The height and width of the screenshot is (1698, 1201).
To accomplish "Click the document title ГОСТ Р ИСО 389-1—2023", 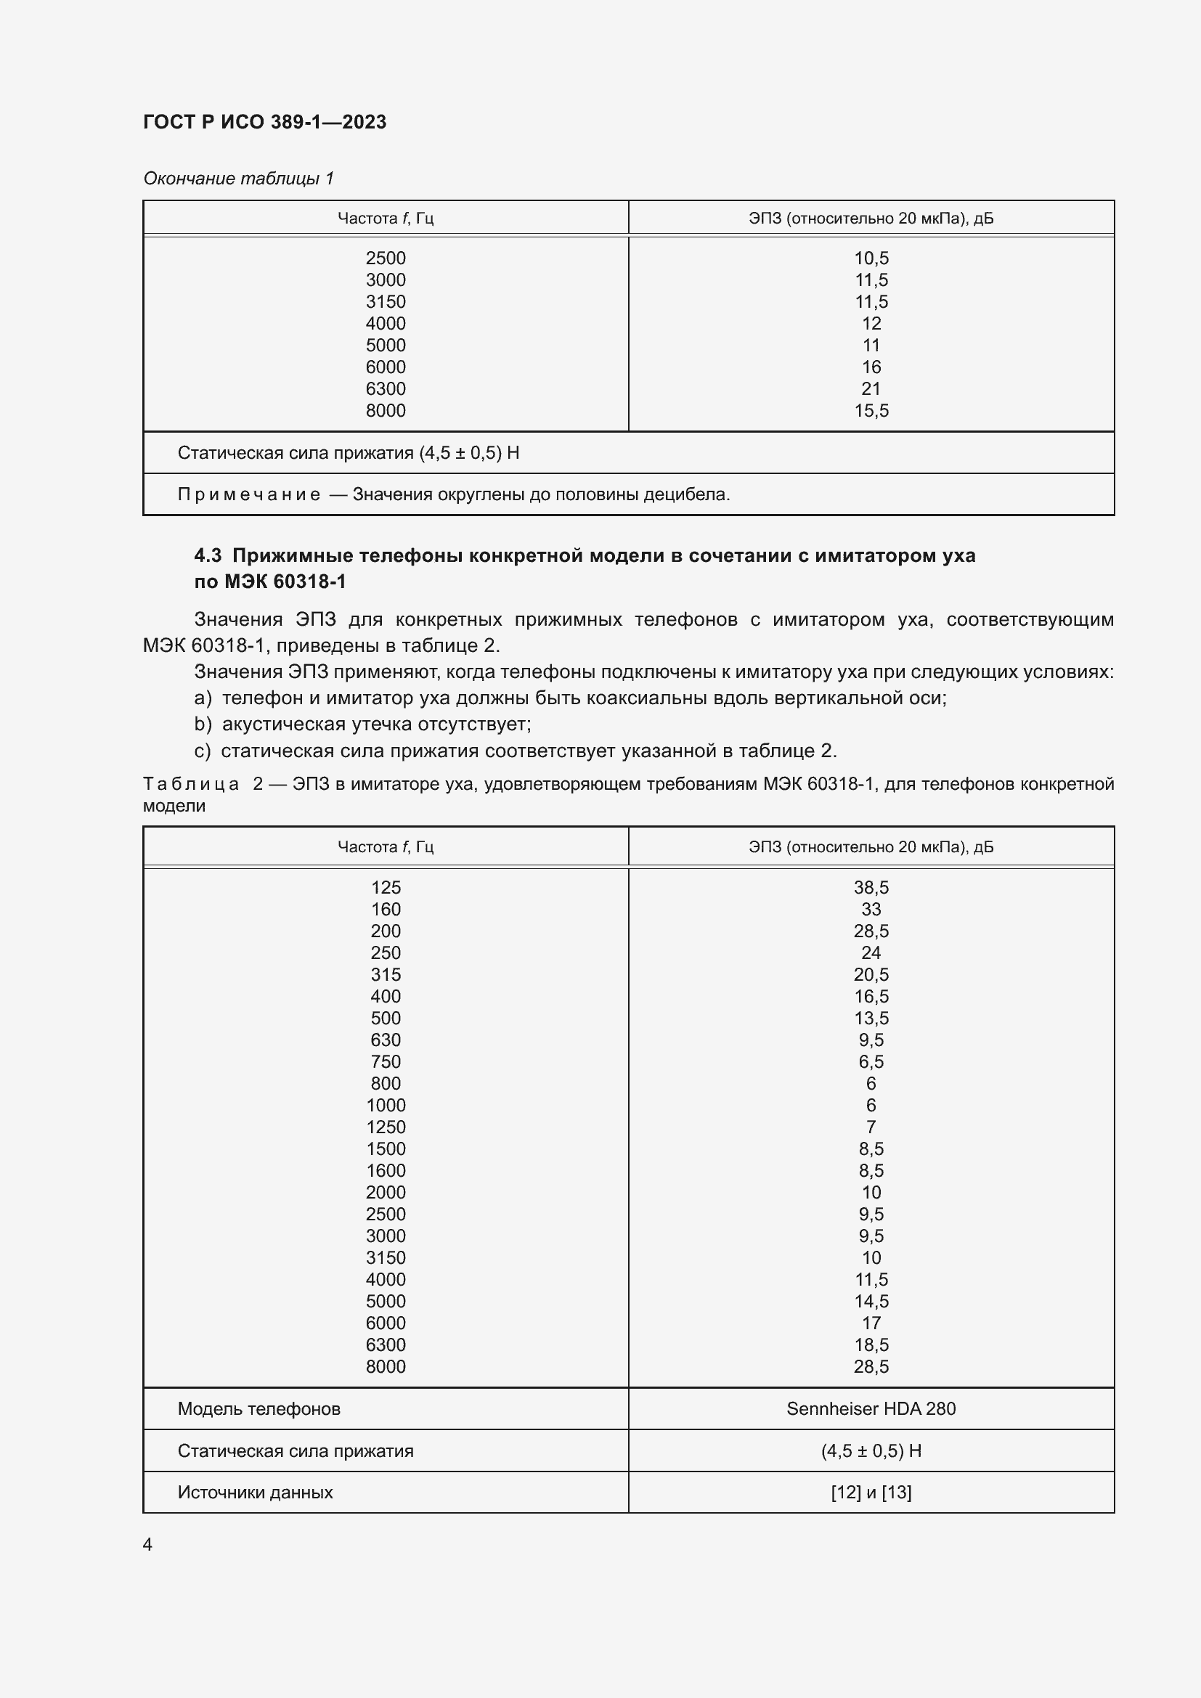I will pyautogui.click(x=264, y=122).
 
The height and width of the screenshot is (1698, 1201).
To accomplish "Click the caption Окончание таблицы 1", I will pyautogui.click(x=238, y=179).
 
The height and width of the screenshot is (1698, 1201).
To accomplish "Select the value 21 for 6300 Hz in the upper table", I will pyautogui.click(x=871, y=389).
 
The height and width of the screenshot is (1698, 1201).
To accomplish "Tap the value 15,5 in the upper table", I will pyautogui.click(x=871, y=410).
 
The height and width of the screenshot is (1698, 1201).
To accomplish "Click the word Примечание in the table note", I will pyautogui.click(x=248, y=494).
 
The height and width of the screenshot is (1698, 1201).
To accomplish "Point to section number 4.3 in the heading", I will pyautogui.click(x=208, y=555).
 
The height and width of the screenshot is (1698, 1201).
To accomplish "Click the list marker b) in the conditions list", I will pyautogui.click(x=203, y=723).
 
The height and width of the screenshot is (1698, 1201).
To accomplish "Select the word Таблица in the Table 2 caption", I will pyautogui.click(x=191, y=784).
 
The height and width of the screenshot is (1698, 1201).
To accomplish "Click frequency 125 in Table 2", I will pyautogui.click(x=386, y=887).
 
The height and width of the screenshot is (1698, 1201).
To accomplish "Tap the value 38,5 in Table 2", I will pyautogui.click(x=871, y=887).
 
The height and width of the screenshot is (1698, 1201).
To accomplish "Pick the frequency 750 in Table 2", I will pyautogui.click(x=386, y=1062).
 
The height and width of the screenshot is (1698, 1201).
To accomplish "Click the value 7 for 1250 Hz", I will pyautogui.click(x=871, y=1127).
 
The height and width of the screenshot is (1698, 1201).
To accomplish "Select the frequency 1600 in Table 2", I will pyautogui.click(x=386, y=1171).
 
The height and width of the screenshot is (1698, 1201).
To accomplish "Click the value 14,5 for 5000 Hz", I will pyautogui.click(x=871, y=1302).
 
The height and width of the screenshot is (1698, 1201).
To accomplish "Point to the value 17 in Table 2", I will pyautogui.click(x=871, y=1323).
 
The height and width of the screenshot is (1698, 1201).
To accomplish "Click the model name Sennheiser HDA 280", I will pyautogui.click(x=871, y=1409).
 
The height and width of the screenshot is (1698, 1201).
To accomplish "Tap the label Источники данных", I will pyautogui.click(x=255, y=1493).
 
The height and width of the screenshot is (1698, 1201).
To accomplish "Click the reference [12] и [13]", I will pyautogui.click(x=871, y=1493).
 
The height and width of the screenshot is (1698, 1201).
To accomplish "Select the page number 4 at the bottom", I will pyautogui.click(x=147, y=1545).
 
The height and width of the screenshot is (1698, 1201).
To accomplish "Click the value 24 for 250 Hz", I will pyautogui.click(x=871, y=952).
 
